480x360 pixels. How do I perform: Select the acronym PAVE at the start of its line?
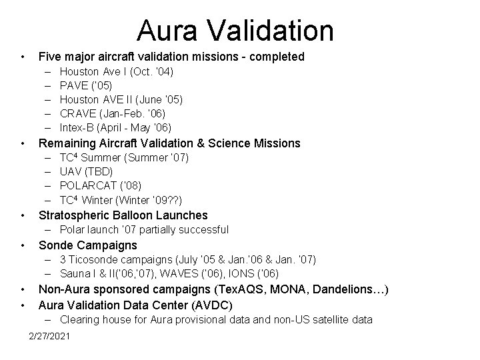tap(74, 85)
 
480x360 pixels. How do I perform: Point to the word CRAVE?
tap(78, 113)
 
